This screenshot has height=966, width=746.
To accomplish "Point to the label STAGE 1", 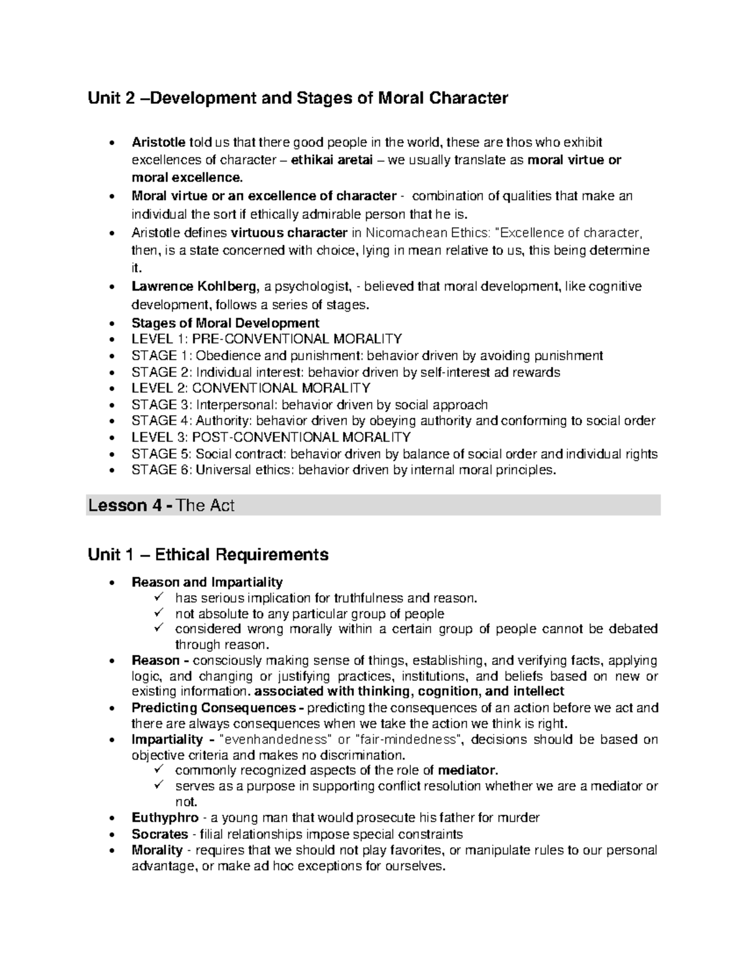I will [154, 356].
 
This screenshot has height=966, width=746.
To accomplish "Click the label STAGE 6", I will [154, 470].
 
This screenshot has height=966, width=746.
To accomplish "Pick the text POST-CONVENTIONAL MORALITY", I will [301, 437].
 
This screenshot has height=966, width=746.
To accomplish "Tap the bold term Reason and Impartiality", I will [207, 582].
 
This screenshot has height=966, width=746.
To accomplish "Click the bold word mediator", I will [467, 770].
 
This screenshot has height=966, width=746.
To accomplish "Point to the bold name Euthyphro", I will [165, 818].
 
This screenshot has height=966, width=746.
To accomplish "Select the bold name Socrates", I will [160, 834].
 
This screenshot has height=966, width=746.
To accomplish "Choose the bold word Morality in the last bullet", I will [157, 850].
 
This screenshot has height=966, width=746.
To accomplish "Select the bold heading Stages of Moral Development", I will [225, 323].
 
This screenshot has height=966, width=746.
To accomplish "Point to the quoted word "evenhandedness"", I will [277, 740].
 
